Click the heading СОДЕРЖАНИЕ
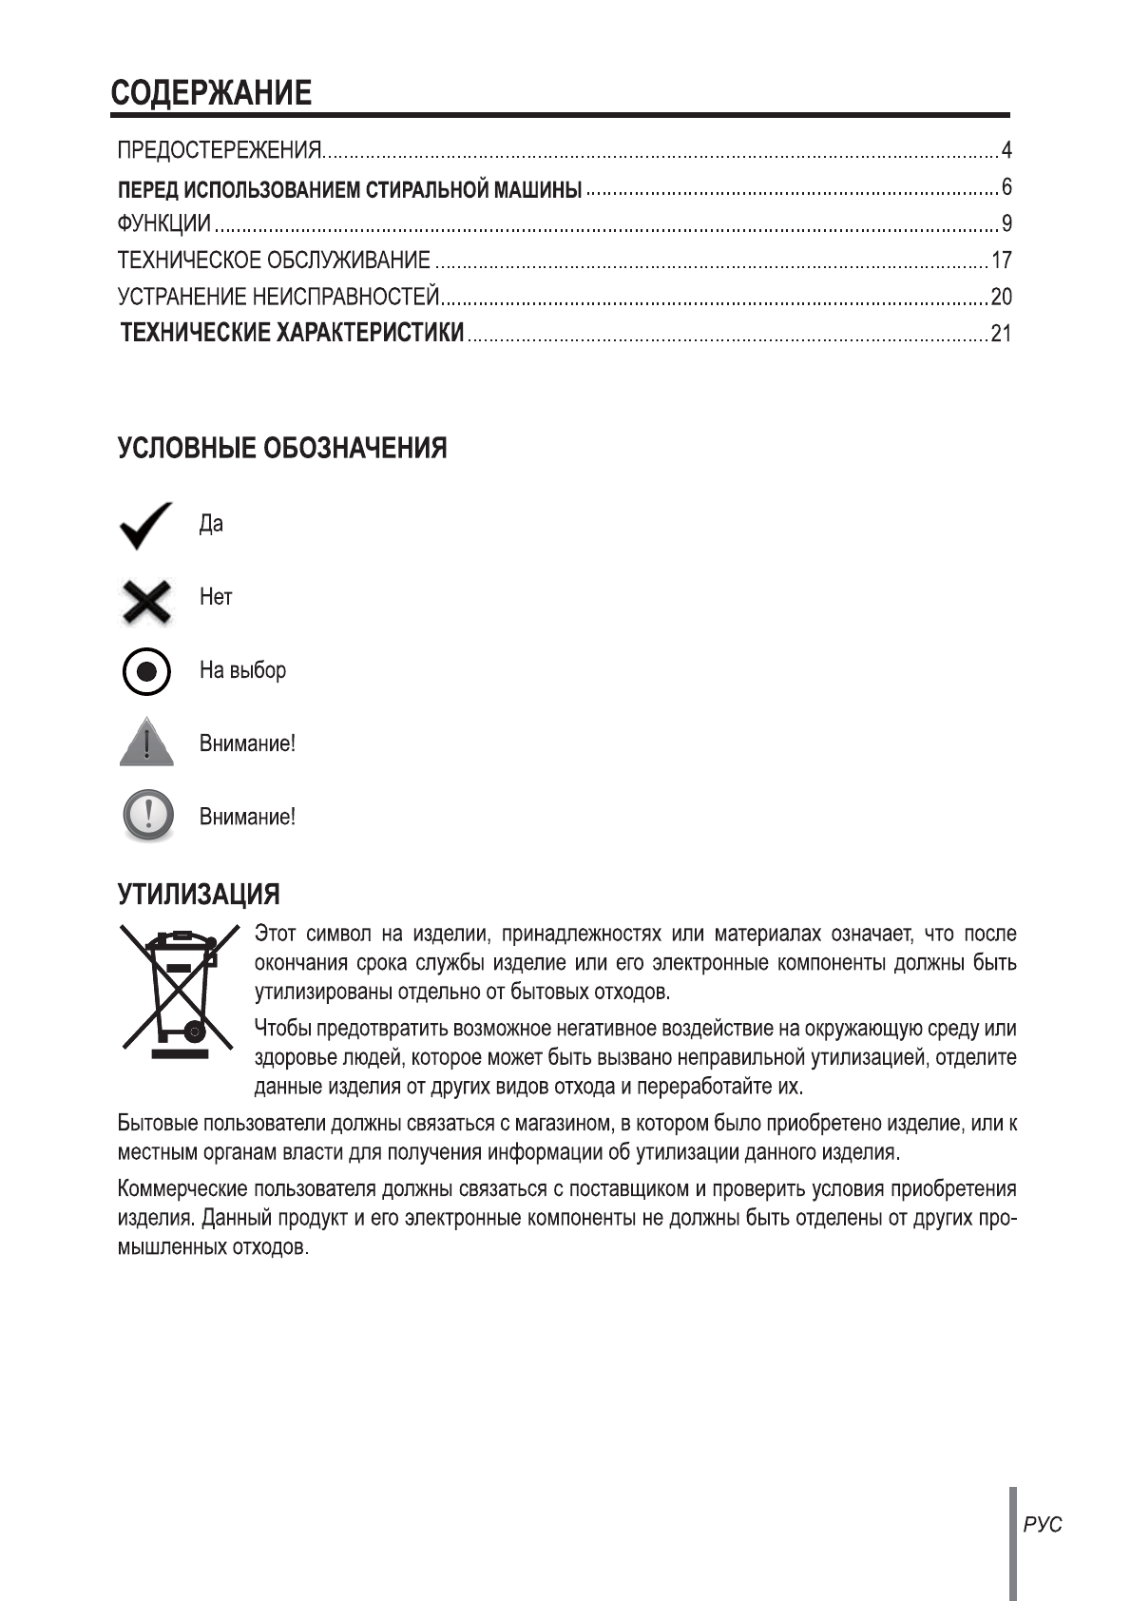[210, 93]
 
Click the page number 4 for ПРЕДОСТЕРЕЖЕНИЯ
[1006, 150]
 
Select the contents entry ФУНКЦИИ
[163, 224]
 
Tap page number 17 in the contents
[1001, 260]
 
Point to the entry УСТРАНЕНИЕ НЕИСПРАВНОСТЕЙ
[278, 298]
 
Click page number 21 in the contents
[1001, 335]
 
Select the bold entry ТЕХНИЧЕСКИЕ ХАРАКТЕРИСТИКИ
[294, 333]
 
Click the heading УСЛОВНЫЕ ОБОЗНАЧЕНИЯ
[282, 449]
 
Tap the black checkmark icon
[146, 525]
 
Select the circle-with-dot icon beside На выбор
[146, 672]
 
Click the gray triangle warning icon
[146, 743]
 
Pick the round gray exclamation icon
[147, 815]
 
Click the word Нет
[216, 598]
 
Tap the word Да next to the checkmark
[211, 525]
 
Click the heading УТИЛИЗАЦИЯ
[199, 895]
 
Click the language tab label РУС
[1043, 1525]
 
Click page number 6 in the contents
[1006, 186]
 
